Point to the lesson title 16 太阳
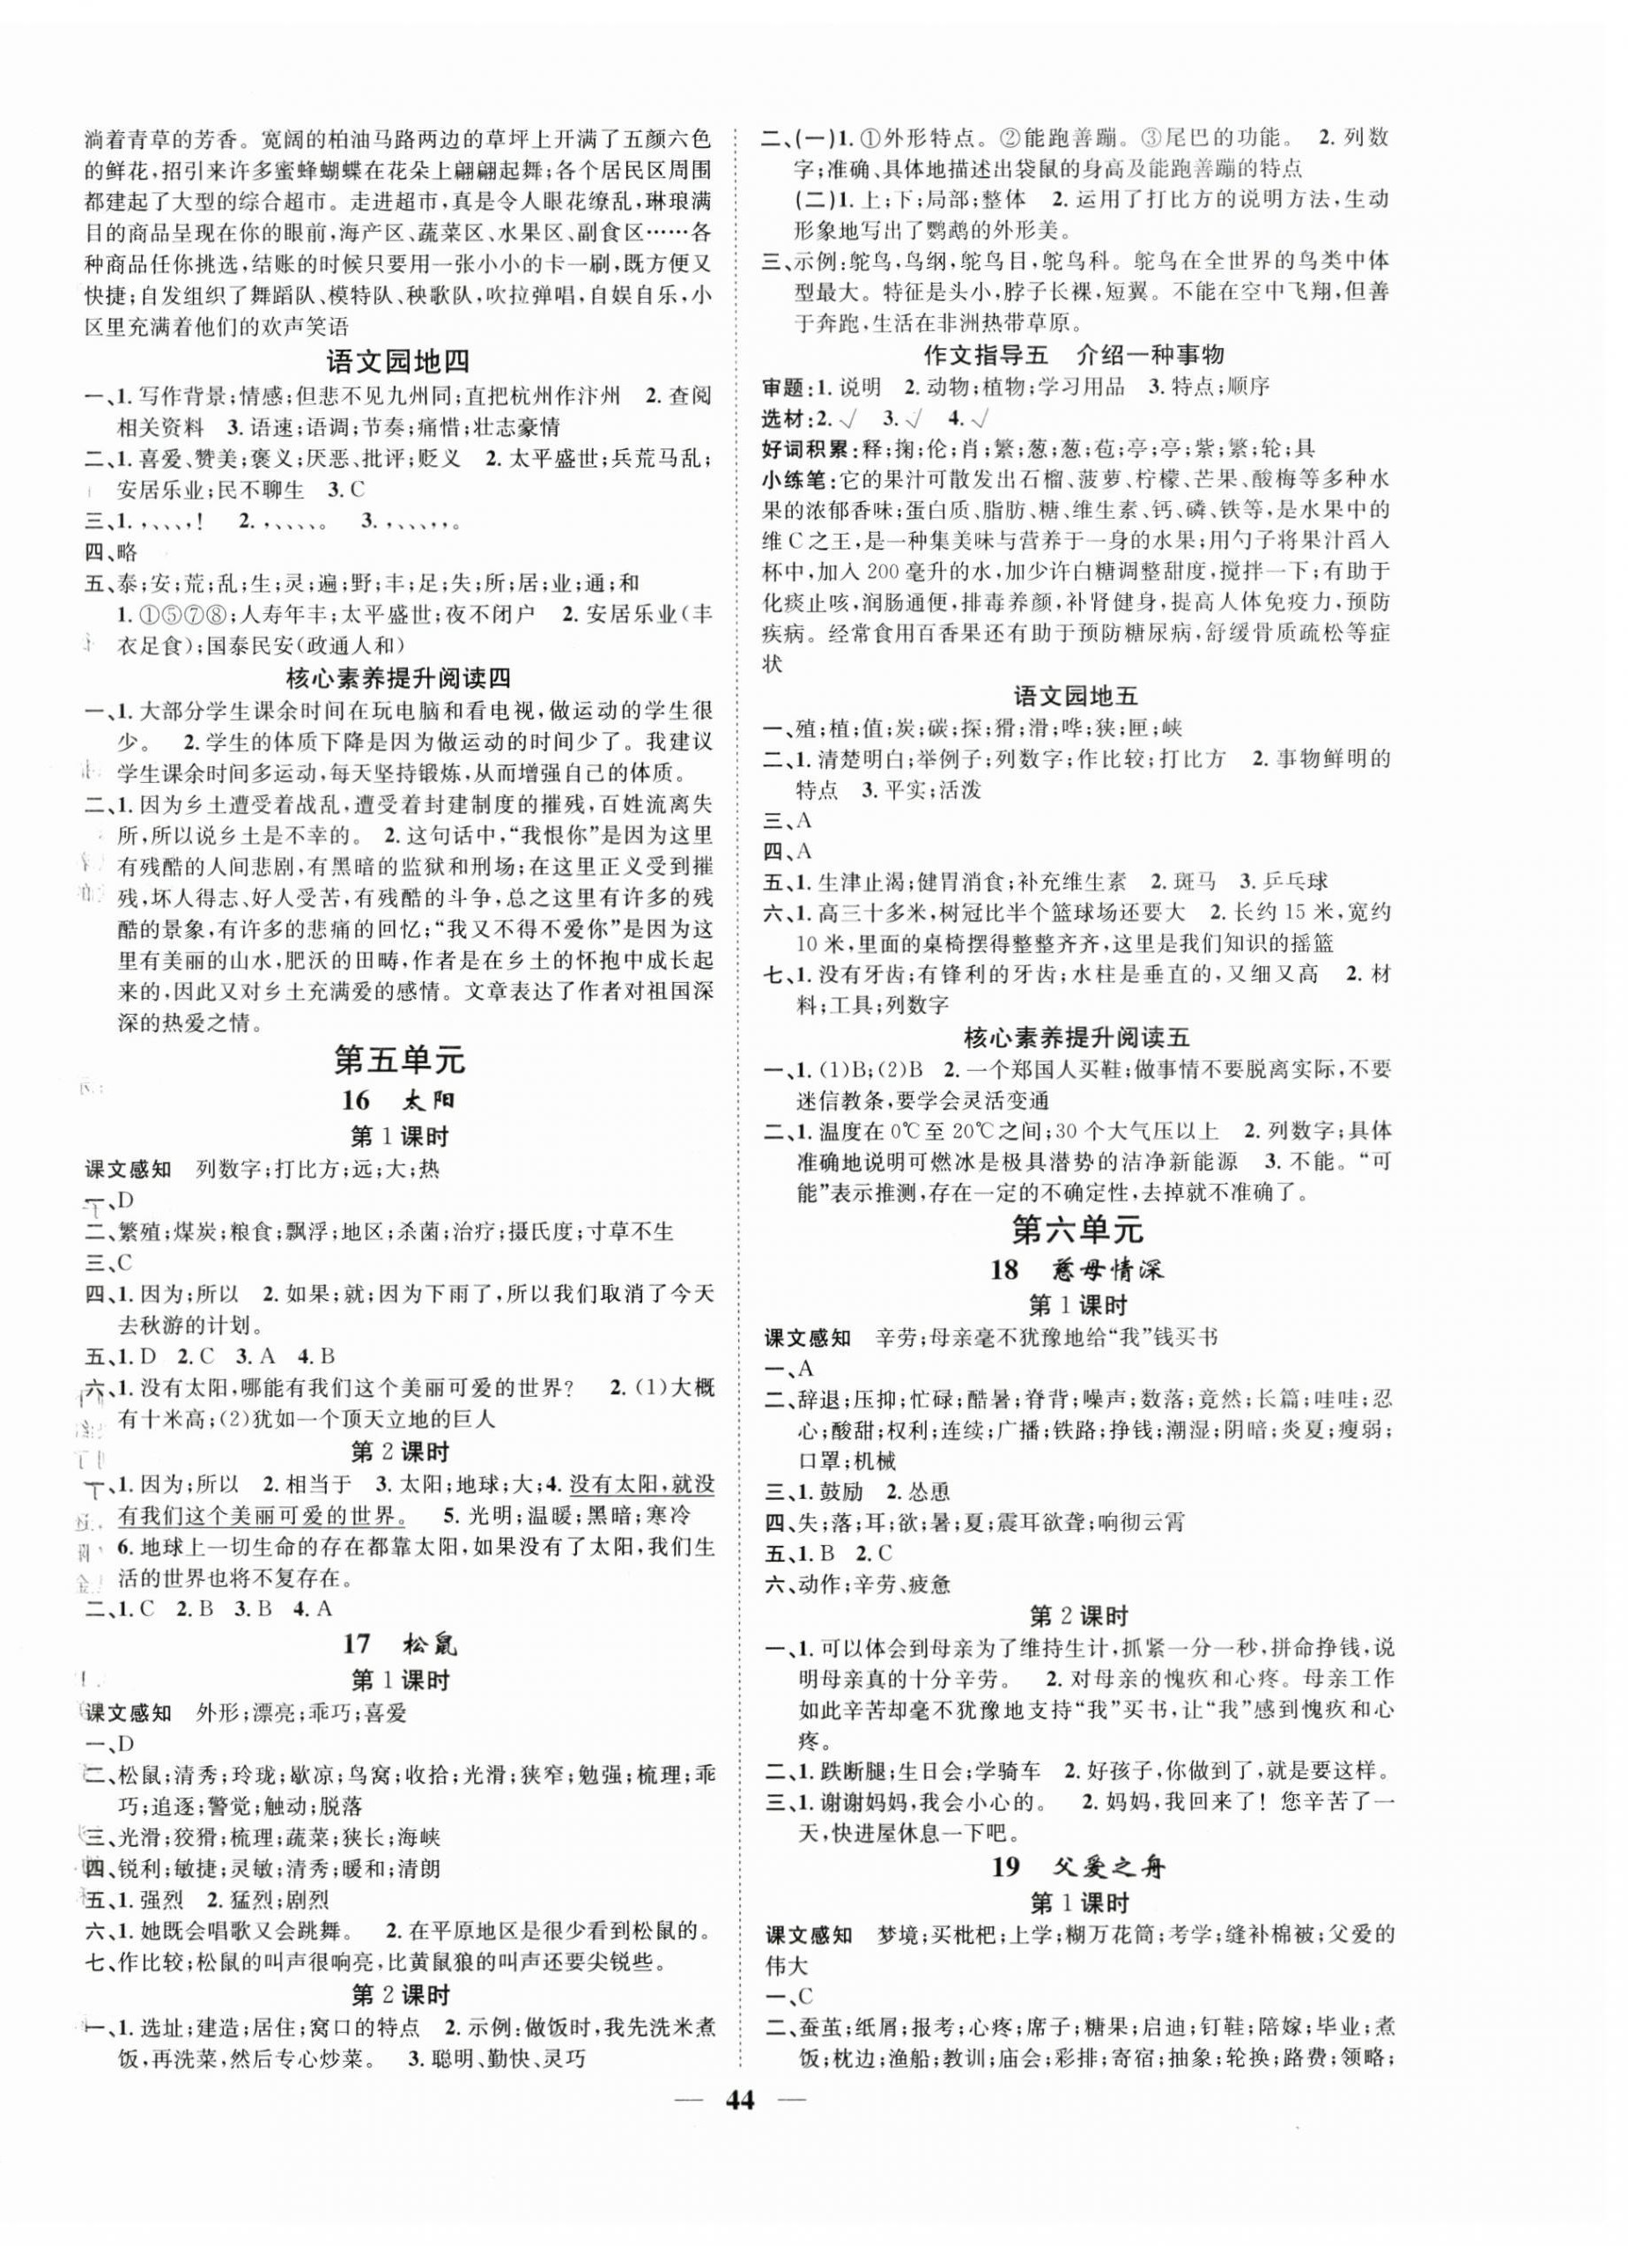[x=399, y=1100]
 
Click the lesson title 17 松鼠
[x=399, y=1643]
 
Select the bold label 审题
[x=789, y=386]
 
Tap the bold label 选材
[x=789, y=417]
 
